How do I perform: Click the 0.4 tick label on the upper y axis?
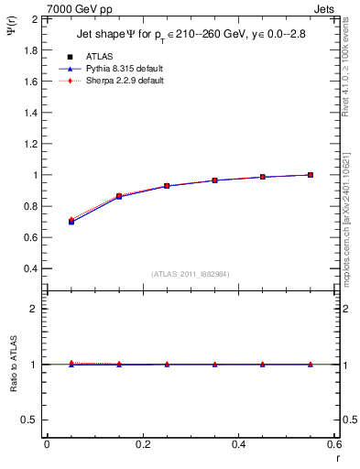coord(32,268)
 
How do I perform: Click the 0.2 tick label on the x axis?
coord(142,443)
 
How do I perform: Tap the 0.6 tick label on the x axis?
coord(333,443)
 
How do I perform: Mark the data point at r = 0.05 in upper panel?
coord(71,222)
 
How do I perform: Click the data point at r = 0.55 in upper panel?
coord(311,175)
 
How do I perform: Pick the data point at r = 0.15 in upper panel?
coord(118,196)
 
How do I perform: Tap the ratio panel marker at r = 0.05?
coord(71,364)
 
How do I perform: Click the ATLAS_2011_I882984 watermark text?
coord(191,274)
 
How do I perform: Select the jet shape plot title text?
coord(191,35)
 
